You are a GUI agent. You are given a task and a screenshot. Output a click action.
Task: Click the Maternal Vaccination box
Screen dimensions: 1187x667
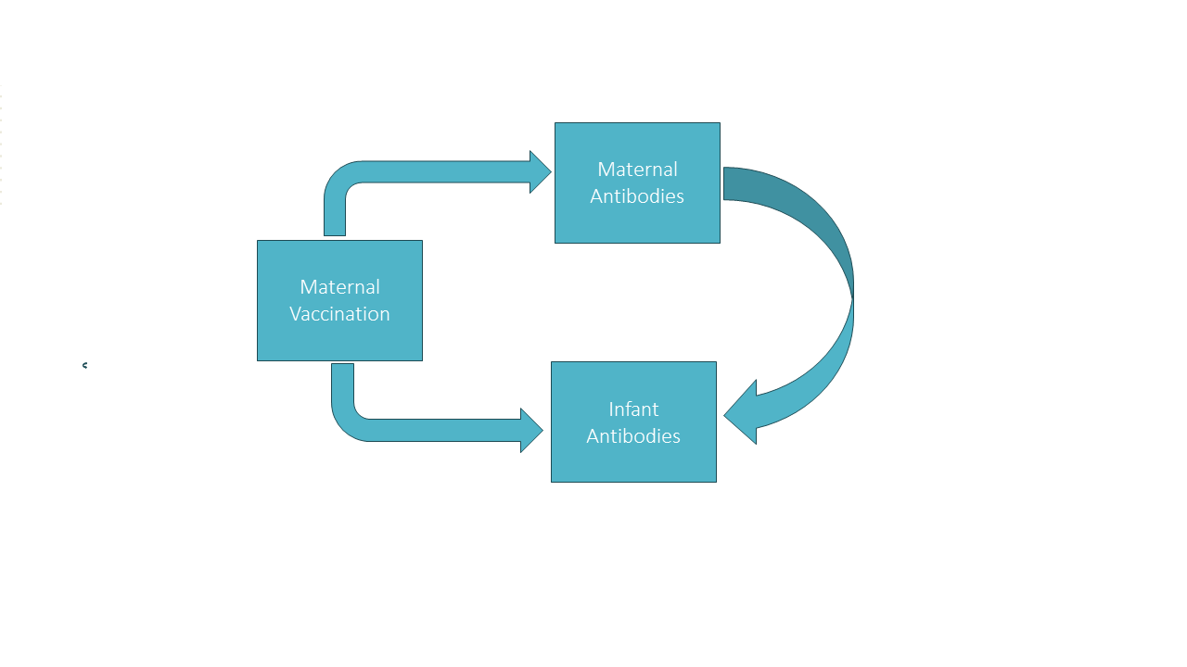point(339,301)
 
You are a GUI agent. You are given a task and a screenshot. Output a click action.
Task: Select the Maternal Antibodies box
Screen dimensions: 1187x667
point(637,183)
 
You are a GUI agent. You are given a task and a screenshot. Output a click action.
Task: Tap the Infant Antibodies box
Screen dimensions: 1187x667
point(633,422)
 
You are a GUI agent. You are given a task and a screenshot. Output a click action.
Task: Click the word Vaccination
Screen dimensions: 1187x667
point(339,314)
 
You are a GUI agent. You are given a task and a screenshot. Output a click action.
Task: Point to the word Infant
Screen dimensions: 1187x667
point(633,409)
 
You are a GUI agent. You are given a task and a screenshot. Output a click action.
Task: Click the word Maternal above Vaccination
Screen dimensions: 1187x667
point(339,287)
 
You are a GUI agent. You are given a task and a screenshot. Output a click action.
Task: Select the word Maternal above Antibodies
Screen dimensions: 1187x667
point(637,170)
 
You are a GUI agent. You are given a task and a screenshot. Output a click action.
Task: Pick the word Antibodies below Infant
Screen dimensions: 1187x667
point(633,436)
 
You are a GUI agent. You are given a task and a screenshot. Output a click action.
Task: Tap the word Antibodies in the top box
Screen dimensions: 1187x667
point(637,196)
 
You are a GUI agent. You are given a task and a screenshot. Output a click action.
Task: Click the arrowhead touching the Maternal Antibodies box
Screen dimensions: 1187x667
point(541,172)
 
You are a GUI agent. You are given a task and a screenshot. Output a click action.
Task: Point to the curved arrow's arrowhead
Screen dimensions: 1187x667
point(742,413)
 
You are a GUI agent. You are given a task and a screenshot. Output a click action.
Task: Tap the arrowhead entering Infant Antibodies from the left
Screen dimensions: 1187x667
point(531,431)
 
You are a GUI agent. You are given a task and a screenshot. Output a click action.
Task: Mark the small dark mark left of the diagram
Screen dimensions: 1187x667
point(84,365)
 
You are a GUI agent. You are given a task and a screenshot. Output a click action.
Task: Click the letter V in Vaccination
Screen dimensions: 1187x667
point(295,314)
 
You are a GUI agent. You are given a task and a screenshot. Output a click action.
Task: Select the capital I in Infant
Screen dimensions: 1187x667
point(611,409)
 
